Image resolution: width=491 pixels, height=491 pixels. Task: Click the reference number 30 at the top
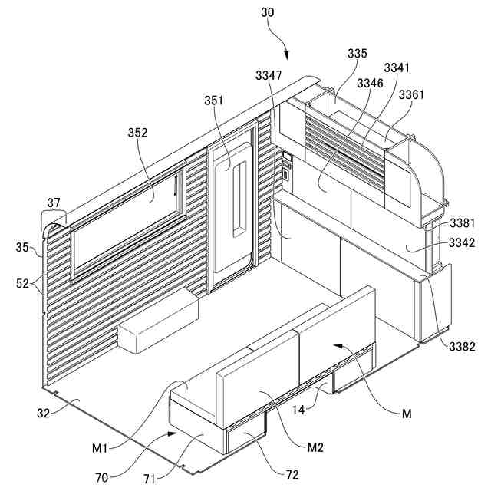pos(267,14)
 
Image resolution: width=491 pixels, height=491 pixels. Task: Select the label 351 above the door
pos(215,101)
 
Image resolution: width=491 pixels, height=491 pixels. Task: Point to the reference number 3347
pos(269,75)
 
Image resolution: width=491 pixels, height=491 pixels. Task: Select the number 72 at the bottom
pos(292,475)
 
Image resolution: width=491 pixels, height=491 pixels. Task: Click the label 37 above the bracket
pos(53,203)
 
